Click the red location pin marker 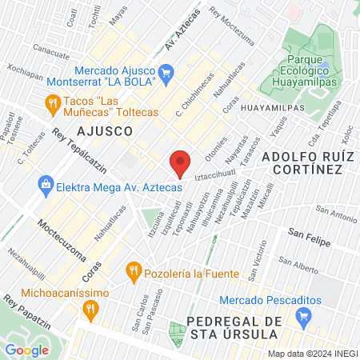coord(181,162)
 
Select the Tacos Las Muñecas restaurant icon coord(53,102)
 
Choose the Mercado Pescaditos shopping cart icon coord(302,318)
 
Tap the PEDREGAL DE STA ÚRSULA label coord(244,328)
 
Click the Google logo coord(27,350)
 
